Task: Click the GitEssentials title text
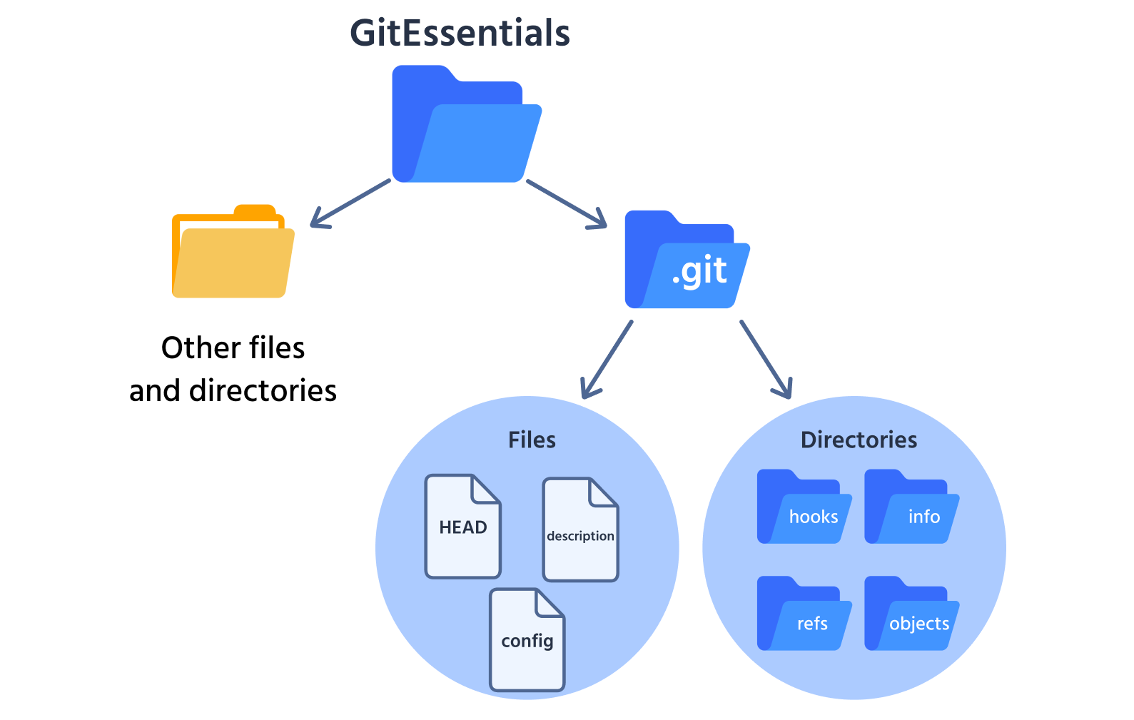coord(460,33)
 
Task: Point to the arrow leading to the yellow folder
coord(350,203)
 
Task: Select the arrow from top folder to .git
coord(567,204)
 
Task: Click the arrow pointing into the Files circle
coord(607,359)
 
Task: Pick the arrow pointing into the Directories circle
coord(766,359)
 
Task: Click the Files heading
coord(532,440)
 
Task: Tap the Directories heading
coord(859,440)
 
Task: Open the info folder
coord(911,508)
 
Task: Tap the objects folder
coord(911,615)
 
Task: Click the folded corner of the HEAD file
coord(485,490)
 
